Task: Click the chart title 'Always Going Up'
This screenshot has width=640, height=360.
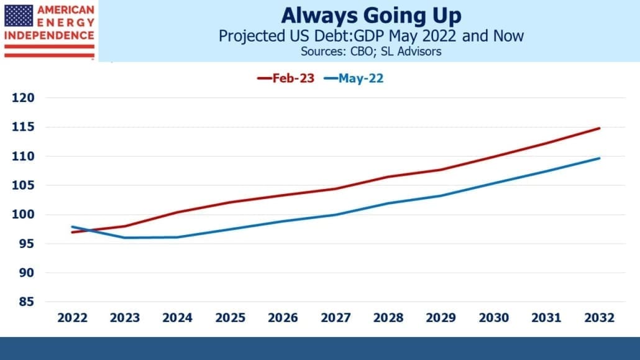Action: click(371, 16)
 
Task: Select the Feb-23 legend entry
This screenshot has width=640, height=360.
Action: click(286, 78)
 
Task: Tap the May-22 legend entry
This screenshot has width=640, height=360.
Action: click(354, 78)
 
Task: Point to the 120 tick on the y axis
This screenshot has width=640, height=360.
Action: click(23, 98)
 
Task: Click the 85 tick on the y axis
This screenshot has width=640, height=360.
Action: click(26, 302)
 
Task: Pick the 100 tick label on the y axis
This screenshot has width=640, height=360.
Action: click(23, 215)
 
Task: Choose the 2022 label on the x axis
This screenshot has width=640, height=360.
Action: click(72, 318)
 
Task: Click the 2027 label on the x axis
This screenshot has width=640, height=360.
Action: click(336, 318)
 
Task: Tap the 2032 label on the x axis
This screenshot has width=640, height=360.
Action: click(599, 318)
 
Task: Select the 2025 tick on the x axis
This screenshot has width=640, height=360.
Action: click(230, 318)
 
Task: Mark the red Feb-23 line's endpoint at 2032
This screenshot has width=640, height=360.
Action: click(599, 128)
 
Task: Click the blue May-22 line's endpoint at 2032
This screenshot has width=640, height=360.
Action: click(599, 158)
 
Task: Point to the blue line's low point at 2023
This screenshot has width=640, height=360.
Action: click(124, 238)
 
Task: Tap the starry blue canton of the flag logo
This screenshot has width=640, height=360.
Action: click(19, 16)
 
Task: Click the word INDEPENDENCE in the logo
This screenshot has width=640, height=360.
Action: click(49, 35)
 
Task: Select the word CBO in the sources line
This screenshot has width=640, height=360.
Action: click(359, 52)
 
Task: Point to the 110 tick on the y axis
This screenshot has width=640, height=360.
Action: click(23, 156)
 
